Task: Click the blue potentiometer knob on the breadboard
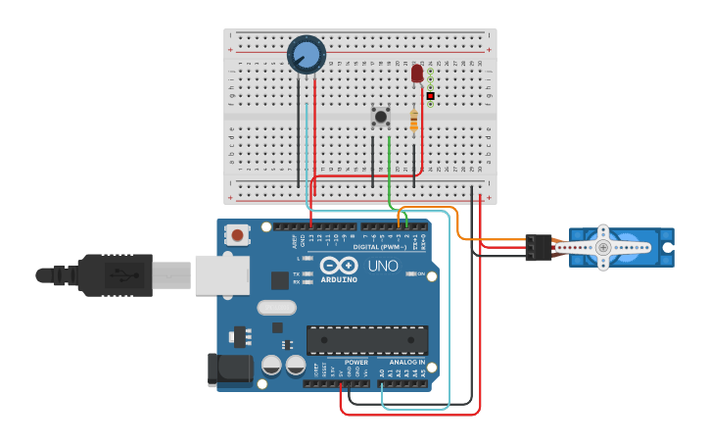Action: [x=306, y=54]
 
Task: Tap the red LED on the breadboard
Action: [x=417, y=74]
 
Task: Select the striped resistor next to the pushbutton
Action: [x=414, y=121]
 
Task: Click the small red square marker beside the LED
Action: [x=430, y=96]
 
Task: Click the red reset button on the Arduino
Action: [x=237, y=234]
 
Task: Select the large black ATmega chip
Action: [x=367, y=340]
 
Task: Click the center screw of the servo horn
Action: [x=603, y=248]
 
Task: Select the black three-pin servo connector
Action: [x=537, y=247]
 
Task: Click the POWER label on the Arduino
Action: [x=355, y=362]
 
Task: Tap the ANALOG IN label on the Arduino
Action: [x=407, y=362]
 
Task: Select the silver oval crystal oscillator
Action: [x=276, y=308]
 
